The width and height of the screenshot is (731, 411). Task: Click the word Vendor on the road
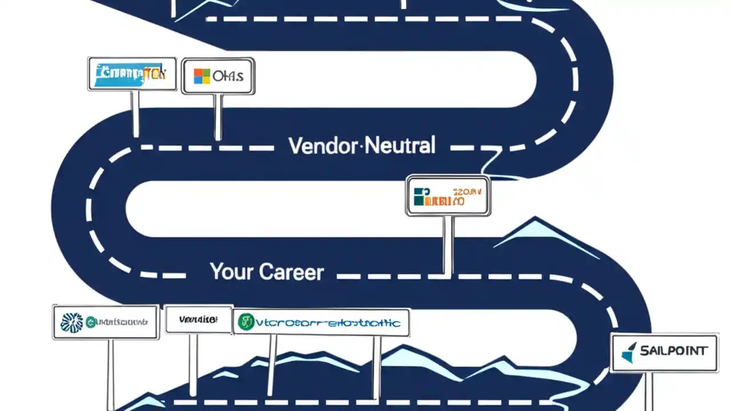click(323, 146)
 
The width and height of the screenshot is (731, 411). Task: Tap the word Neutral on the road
click(399, 146)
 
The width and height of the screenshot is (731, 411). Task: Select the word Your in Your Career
click(230, 271)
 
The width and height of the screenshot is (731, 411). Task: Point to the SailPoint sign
click(665, 352)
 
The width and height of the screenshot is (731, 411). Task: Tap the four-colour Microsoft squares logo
click(202, 76)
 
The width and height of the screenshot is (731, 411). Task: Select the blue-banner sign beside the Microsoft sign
click(132, 74)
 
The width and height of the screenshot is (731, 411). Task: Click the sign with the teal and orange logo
click(448, 196)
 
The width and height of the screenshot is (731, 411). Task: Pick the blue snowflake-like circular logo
click(71, 323)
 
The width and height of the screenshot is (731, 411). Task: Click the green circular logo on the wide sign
click(246, 323)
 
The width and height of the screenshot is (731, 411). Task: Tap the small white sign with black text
click(198, 320)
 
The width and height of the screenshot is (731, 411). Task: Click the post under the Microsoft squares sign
click(218, 117)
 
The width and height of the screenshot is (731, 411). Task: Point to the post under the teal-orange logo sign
click(448, 244)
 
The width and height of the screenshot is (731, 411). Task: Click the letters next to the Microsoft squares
click(227, 76)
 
